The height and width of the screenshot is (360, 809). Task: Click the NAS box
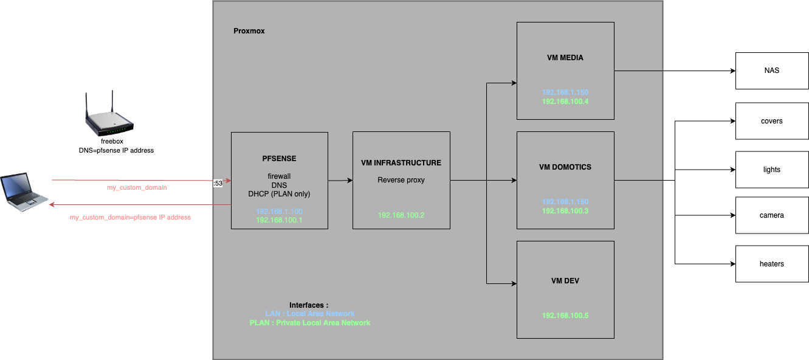(x=772, y=71)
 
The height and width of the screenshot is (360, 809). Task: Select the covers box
(x=772, y=121)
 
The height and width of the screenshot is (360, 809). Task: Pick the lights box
(x=772, y=170)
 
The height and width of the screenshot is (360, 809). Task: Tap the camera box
(x=772, y=215)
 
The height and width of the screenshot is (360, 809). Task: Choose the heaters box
(x=772, y=264)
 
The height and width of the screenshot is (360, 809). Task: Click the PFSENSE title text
(x=279, y=158)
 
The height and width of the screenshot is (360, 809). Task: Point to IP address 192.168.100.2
(x=401, y=215)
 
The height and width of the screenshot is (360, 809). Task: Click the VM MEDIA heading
(x=565, y=58)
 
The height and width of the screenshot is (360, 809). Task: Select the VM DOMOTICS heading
(x=565, y=167)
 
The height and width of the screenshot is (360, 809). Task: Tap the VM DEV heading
(x=565, y=281)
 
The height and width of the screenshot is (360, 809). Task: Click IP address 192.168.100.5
(x=565, y=316)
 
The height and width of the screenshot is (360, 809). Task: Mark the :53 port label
(x=218, y=182)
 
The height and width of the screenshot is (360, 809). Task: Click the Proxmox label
(x=249, y=31)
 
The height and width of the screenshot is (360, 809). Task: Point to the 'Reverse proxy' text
(x=401, y=180)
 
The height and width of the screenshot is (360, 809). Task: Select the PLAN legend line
(x=309, y=323)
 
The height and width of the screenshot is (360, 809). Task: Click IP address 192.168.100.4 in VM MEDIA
(x=565, y=102)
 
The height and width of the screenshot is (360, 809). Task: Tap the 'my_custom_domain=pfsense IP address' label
(x=130, y=217)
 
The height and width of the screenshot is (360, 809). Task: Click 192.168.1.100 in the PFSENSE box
(x=279, y=211)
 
